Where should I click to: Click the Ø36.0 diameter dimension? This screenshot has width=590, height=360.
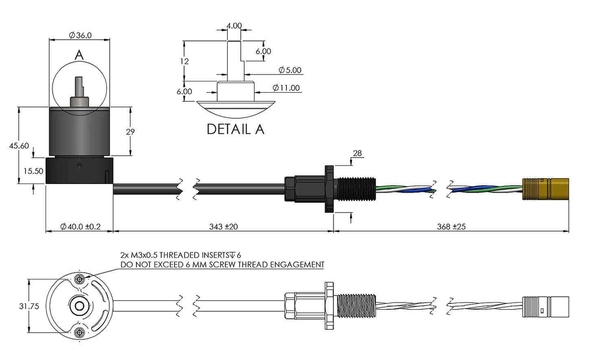click(80, 35)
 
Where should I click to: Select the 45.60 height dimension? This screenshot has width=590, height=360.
click(19, 146)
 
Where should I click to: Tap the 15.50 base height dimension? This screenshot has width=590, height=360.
click(33, 171)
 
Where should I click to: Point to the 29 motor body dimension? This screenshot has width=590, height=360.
click(130, 132)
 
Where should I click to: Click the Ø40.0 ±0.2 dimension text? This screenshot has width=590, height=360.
click(80, 227)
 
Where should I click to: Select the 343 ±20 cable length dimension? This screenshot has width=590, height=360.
click(223, 227)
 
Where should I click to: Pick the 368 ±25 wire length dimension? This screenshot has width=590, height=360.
click(451, 227)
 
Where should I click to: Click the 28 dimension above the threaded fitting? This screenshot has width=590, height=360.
click(357, 153)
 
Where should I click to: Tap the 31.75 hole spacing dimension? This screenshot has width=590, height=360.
click(29, 306)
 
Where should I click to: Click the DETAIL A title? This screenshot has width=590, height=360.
click(236, 129)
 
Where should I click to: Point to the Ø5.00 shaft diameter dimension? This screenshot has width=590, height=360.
click(290, 70)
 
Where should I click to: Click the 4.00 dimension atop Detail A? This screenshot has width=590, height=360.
click(234, 26)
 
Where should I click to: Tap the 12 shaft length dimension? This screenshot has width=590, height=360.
click(184, 61)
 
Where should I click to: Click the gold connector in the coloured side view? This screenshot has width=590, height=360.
click(546, 189)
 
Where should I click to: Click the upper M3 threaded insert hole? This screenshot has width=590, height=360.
click(80, 279)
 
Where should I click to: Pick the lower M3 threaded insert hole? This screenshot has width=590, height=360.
click(80, 332)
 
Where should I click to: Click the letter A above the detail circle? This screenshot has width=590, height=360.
click(79, 55)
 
